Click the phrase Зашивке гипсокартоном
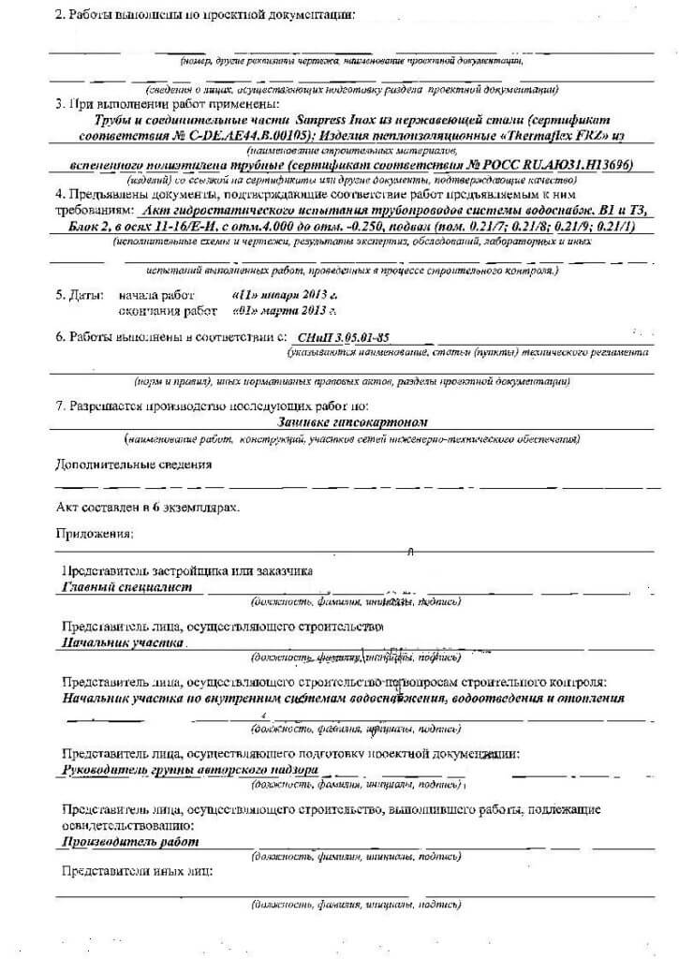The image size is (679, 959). [339, 421]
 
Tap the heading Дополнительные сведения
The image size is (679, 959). [132, 464]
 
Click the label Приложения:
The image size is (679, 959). [94, 533]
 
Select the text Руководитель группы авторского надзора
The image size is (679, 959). [188, 769]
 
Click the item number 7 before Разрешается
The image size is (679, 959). [60, 406]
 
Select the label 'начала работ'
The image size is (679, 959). [155, 293]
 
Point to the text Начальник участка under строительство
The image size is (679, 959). [121, 644]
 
